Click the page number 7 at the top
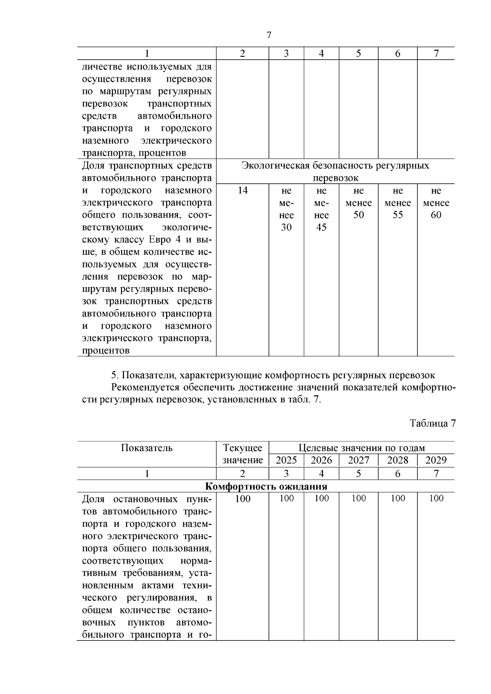coord(269,35)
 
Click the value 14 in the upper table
coord(243,191)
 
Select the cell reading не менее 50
coord(358,203)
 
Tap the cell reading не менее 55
coord(398,203)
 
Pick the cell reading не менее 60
coord(436,203)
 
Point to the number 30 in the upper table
coord(286,227)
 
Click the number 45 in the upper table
coord(322,227)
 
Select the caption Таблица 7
coord(433,423)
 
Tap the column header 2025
coord(286,460)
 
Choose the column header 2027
coord(358,460)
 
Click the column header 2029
coord(436,460)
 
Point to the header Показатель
coord(147,448)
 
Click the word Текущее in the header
coord(243,448)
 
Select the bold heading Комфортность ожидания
coord(266,486)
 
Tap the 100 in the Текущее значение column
coord(243,499)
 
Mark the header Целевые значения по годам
coord(362,448)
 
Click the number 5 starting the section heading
coord(114,375)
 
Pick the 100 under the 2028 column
coord(398,498)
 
